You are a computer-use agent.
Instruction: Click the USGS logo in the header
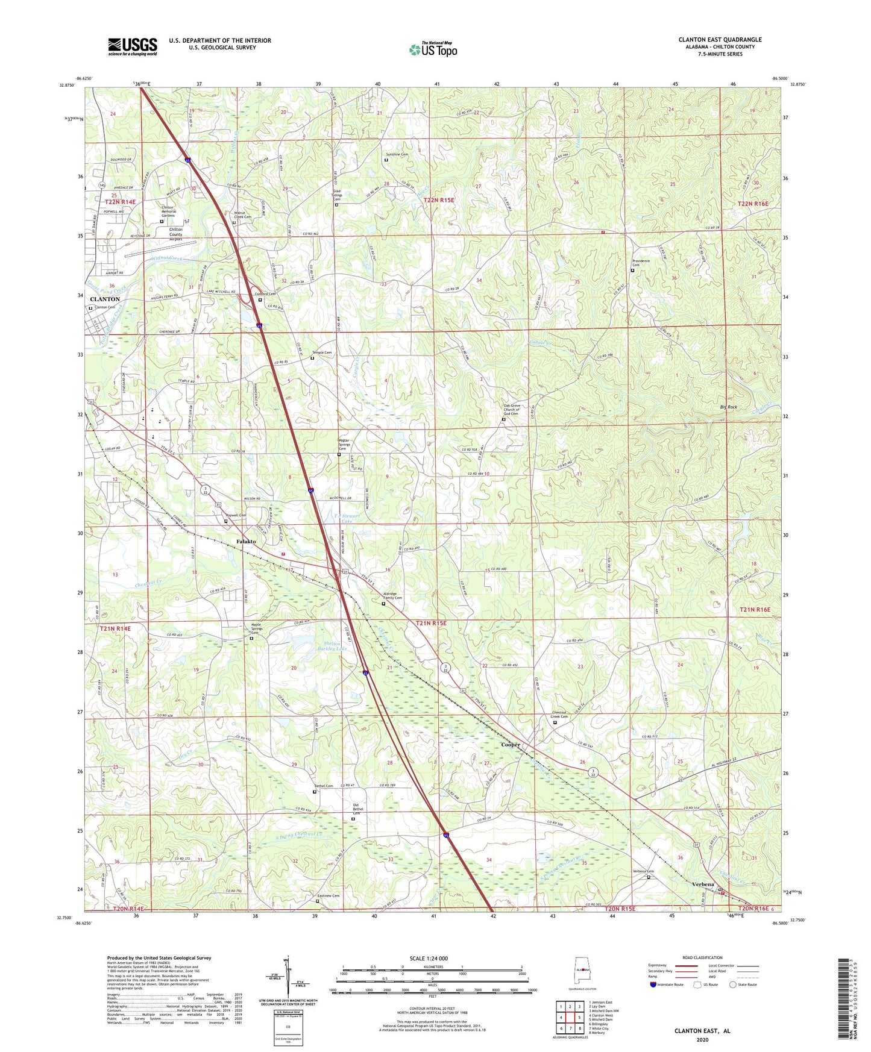pos(133,46)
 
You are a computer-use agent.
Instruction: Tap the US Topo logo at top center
pos(433,49)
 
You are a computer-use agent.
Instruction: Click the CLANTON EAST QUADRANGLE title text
pos(720,40)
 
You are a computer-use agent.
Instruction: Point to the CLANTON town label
pos(105,299)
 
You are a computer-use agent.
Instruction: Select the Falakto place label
pos(246,541)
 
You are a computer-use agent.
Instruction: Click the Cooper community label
pos(511,745)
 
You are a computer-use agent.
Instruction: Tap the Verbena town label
pos(703,884)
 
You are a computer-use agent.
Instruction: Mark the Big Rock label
pos(728,407)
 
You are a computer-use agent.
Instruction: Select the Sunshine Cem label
pos(397,154)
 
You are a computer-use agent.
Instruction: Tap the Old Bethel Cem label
pos(360,809)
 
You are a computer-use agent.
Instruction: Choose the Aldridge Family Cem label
pos(393,595)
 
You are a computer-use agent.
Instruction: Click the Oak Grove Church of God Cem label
pos(511,410)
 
